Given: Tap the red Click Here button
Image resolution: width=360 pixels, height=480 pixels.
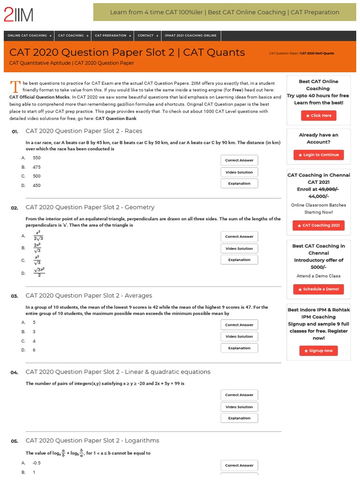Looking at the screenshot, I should coord(318,115).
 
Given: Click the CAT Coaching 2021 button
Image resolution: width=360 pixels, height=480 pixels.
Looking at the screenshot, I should coord(318,225).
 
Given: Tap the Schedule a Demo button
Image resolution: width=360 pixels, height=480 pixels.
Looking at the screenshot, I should coord(318,289).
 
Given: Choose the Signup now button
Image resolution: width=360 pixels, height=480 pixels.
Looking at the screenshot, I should coord(318,351).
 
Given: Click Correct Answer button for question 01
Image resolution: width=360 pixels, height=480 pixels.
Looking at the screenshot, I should coord(239,160).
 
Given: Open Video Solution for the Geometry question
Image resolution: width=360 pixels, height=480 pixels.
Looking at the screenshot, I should coord(239,248).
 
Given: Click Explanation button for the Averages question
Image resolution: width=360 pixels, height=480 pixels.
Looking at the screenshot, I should coord(239,348).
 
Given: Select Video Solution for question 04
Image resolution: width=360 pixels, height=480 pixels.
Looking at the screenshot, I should coord(239,407).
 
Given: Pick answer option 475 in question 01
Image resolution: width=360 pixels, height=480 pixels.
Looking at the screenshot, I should coord(37,167).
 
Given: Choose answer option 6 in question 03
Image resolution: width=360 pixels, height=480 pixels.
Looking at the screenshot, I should coord(34,350).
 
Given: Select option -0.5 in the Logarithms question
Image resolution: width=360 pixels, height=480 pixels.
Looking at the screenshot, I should coord(37,463).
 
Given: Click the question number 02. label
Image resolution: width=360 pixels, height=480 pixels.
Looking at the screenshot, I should coord(15,208).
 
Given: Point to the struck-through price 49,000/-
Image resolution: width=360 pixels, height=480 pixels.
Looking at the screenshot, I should coord(329,189).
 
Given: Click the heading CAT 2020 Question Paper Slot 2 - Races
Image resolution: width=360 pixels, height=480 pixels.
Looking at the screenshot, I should coord(84,131).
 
